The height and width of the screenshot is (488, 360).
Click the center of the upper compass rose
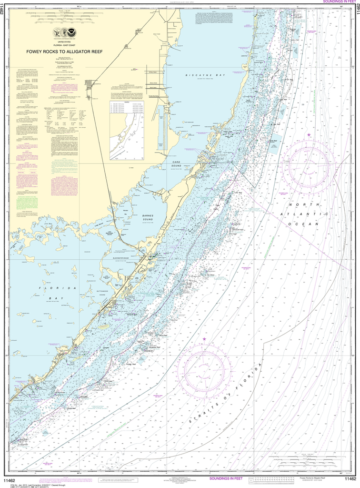coord(309,163)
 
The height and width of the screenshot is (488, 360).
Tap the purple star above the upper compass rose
coord(309,135)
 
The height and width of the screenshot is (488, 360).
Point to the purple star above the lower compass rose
coord(205,339)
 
